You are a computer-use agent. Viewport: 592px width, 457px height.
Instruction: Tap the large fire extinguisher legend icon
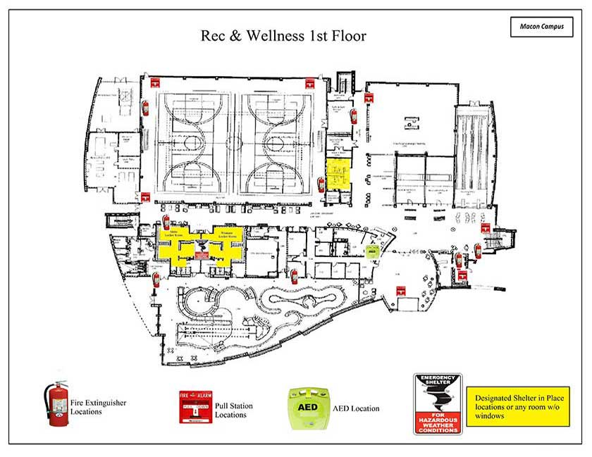pyautogui.click(x=56, y=404)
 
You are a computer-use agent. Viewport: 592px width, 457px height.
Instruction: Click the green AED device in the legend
pyautogui.click(x=307, y=407)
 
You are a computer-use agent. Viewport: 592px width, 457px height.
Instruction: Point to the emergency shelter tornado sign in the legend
pyautogui.click(x=437, y=403)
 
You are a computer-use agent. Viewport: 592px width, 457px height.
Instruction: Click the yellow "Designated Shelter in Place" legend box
pyautogui.click(x=515, y=406)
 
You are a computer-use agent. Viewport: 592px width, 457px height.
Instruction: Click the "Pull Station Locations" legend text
pyautogui.click(x=233, y=411)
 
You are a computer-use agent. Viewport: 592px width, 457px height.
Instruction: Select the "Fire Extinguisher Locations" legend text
pyautogui.click(x=96, y=406)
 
